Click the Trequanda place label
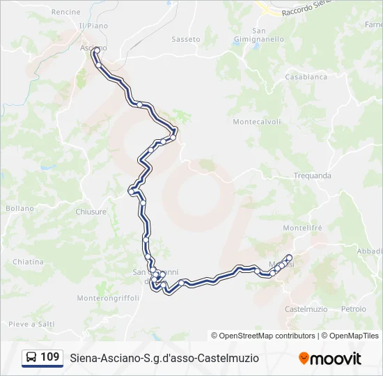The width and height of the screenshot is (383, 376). (312, 175)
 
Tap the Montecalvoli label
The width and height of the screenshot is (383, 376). (257, 122)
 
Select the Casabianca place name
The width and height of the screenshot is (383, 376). (306, 77)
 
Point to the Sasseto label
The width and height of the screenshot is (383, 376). (186, 39)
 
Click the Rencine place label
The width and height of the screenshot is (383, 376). (66, 12)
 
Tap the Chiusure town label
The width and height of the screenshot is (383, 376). (91, 212)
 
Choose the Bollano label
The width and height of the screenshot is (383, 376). (19, 208)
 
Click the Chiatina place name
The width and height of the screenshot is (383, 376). (28, 262)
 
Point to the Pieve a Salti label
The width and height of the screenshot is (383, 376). (31, 324)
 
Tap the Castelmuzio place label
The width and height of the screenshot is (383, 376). (306, 308)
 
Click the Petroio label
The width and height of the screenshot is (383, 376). (354, 308)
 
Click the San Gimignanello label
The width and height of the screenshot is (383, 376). (259, 35)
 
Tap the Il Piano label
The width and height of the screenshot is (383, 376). (93, 26)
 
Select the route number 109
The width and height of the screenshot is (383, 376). (50, 357)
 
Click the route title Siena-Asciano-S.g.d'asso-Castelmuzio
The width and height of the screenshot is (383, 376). (164, 358)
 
